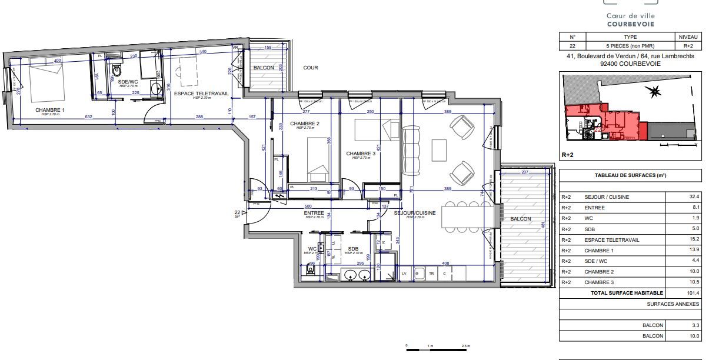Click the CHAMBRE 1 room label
click(50, 110)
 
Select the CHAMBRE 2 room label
click(305, 123)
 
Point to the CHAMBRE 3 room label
click(360, 153)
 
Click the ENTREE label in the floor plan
click(314, 212)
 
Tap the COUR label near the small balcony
click(311, 68)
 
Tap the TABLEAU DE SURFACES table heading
click(630, 175)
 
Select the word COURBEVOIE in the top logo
click(630, 24)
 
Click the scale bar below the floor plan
click(435, 348)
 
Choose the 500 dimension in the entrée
click(307, 206)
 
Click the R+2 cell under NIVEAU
click(688, 46)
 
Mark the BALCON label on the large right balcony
click(521, 219)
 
